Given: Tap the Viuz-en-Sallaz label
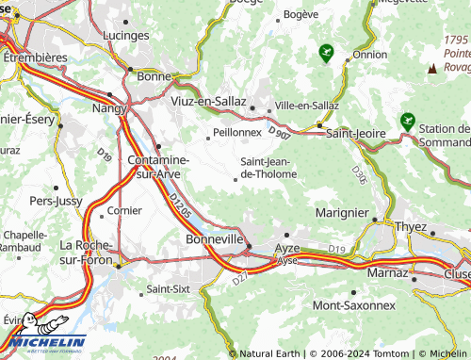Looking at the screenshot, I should (208, 100).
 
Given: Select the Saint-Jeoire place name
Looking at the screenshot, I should (355, 134).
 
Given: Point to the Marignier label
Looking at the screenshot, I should (341, 213).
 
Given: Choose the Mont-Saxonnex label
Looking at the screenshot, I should (353, 305).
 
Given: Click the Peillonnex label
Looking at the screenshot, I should (238, 133).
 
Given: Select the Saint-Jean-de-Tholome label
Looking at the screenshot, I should (269, 167).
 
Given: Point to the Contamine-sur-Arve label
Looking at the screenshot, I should (157, 168).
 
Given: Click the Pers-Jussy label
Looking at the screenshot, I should (55, 201).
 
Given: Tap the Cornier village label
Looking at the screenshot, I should (124, 211).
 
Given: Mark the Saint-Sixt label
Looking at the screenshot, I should (170, 288).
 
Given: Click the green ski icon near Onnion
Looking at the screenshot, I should (327, 52).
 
